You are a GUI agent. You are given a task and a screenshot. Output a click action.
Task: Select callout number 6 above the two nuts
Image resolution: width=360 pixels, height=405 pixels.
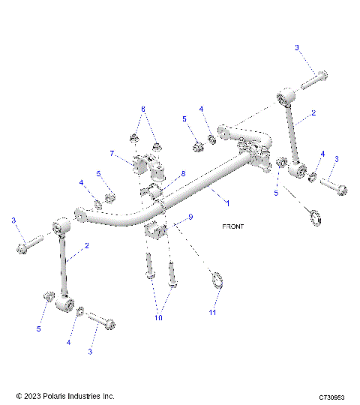pos(142,109)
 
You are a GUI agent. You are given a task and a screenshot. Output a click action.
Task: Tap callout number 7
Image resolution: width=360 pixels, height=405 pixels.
pos(112,154)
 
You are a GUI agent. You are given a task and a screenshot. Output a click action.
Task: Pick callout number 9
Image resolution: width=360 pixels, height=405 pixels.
pos(190,217)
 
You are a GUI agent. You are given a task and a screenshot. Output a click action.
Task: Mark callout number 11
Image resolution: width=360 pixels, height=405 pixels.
pos(212,311)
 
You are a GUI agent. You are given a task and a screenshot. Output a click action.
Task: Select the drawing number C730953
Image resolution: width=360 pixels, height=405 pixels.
pos(330,396)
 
